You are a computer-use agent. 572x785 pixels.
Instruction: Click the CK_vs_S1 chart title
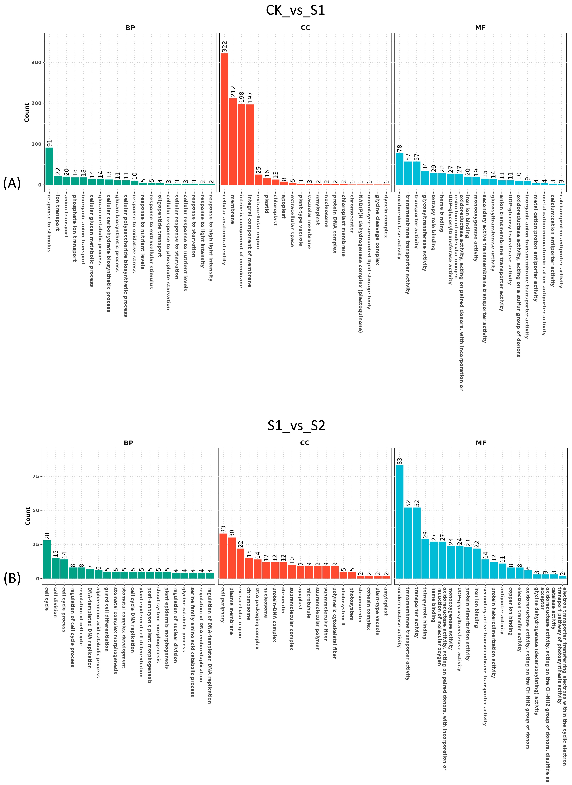click(x=295, y=10)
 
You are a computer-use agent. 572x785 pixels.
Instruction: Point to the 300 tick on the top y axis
click(x=36, y=62)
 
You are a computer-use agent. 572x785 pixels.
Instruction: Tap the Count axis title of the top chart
click(x=27, y=112)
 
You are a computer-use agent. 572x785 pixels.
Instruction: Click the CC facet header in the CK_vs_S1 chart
click(x=305, y=28)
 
